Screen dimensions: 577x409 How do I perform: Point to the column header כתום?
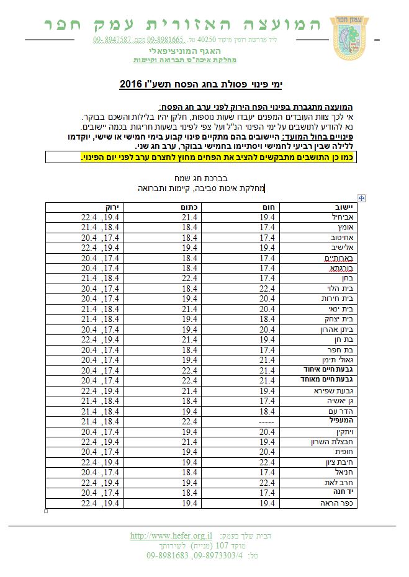[x=188, y=207]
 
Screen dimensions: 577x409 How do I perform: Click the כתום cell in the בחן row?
[x=188, y=278]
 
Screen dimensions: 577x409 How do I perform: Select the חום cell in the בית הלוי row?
[x=266, y=288]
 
